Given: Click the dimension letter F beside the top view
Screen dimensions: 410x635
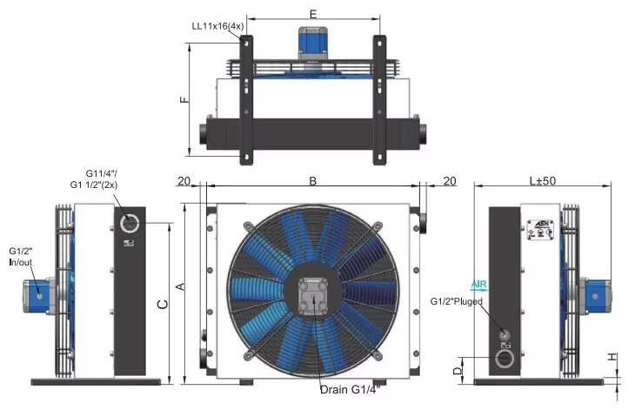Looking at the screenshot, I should (184, 100).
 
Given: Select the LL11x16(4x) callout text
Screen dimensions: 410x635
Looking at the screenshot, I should (219, 26).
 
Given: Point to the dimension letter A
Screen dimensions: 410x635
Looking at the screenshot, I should (180, 286).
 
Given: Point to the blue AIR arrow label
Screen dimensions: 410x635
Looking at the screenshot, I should (479, 284).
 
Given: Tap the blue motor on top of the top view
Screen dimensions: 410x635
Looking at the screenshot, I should (312, 41).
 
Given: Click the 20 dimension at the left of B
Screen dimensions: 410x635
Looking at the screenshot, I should (184, 180).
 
